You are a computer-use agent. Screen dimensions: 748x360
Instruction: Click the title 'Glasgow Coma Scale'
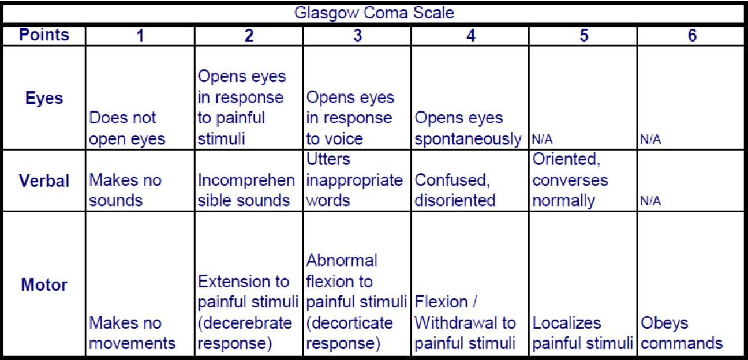(x=374, y=13)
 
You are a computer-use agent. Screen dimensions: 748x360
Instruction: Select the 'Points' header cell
(x=44, y=35)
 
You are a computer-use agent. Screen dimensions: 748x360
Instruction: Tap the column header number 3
(x=358, y=35)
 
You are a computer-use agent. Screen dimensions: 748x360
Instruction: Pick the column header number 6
(x=692, y=35)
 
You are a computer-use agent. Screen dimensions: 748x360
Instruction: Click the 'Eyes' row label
(x=44, y=98)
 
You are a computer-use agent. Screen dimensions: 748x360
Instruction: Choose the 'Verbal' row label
(x=44, y=181)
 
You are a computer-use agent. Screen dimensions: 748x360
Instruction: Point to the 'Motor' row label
(x=44, y=284)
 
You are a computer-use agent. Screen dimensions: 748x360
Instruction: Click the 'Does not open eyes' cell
(x=127, y=129)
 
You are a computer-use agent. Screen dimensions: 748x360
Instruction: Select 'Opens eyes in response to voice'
(x=350, y=118)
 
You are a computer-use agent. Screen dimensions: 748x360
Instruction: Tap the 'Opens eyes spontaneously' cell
(x=468, y=129)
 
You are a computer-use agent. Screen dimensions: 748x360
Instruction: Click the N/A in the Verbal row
(x=650, y=201)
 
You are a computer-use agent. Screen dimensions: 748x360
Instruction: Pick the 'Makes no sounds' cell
(x=125, y=190)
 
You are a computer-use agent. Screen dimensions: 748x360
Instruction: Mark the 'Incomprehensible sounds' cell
(x=246, y=190)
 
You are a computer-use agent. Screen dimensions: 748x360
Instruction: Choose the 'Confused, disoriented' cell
(x=455, y=190)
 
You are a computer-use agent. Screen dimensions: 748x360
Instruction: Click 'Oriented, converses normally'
(x=570, y=180)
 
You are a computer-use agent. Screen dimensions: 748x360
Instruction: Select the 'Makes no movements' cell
(x=132, y=333)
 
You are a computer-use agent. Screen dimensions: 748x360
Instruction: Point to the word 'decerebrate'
(x=248, y=323)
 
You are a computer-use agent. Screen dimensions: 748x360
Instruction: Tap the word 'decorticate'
(x=352, y=323)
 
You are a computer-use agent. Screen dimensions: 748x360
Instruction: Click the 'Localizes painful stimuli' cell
(x=583, y=333)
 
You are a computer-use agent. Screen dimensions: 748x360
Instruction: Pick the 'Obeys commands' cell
(x=682, y=333)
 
